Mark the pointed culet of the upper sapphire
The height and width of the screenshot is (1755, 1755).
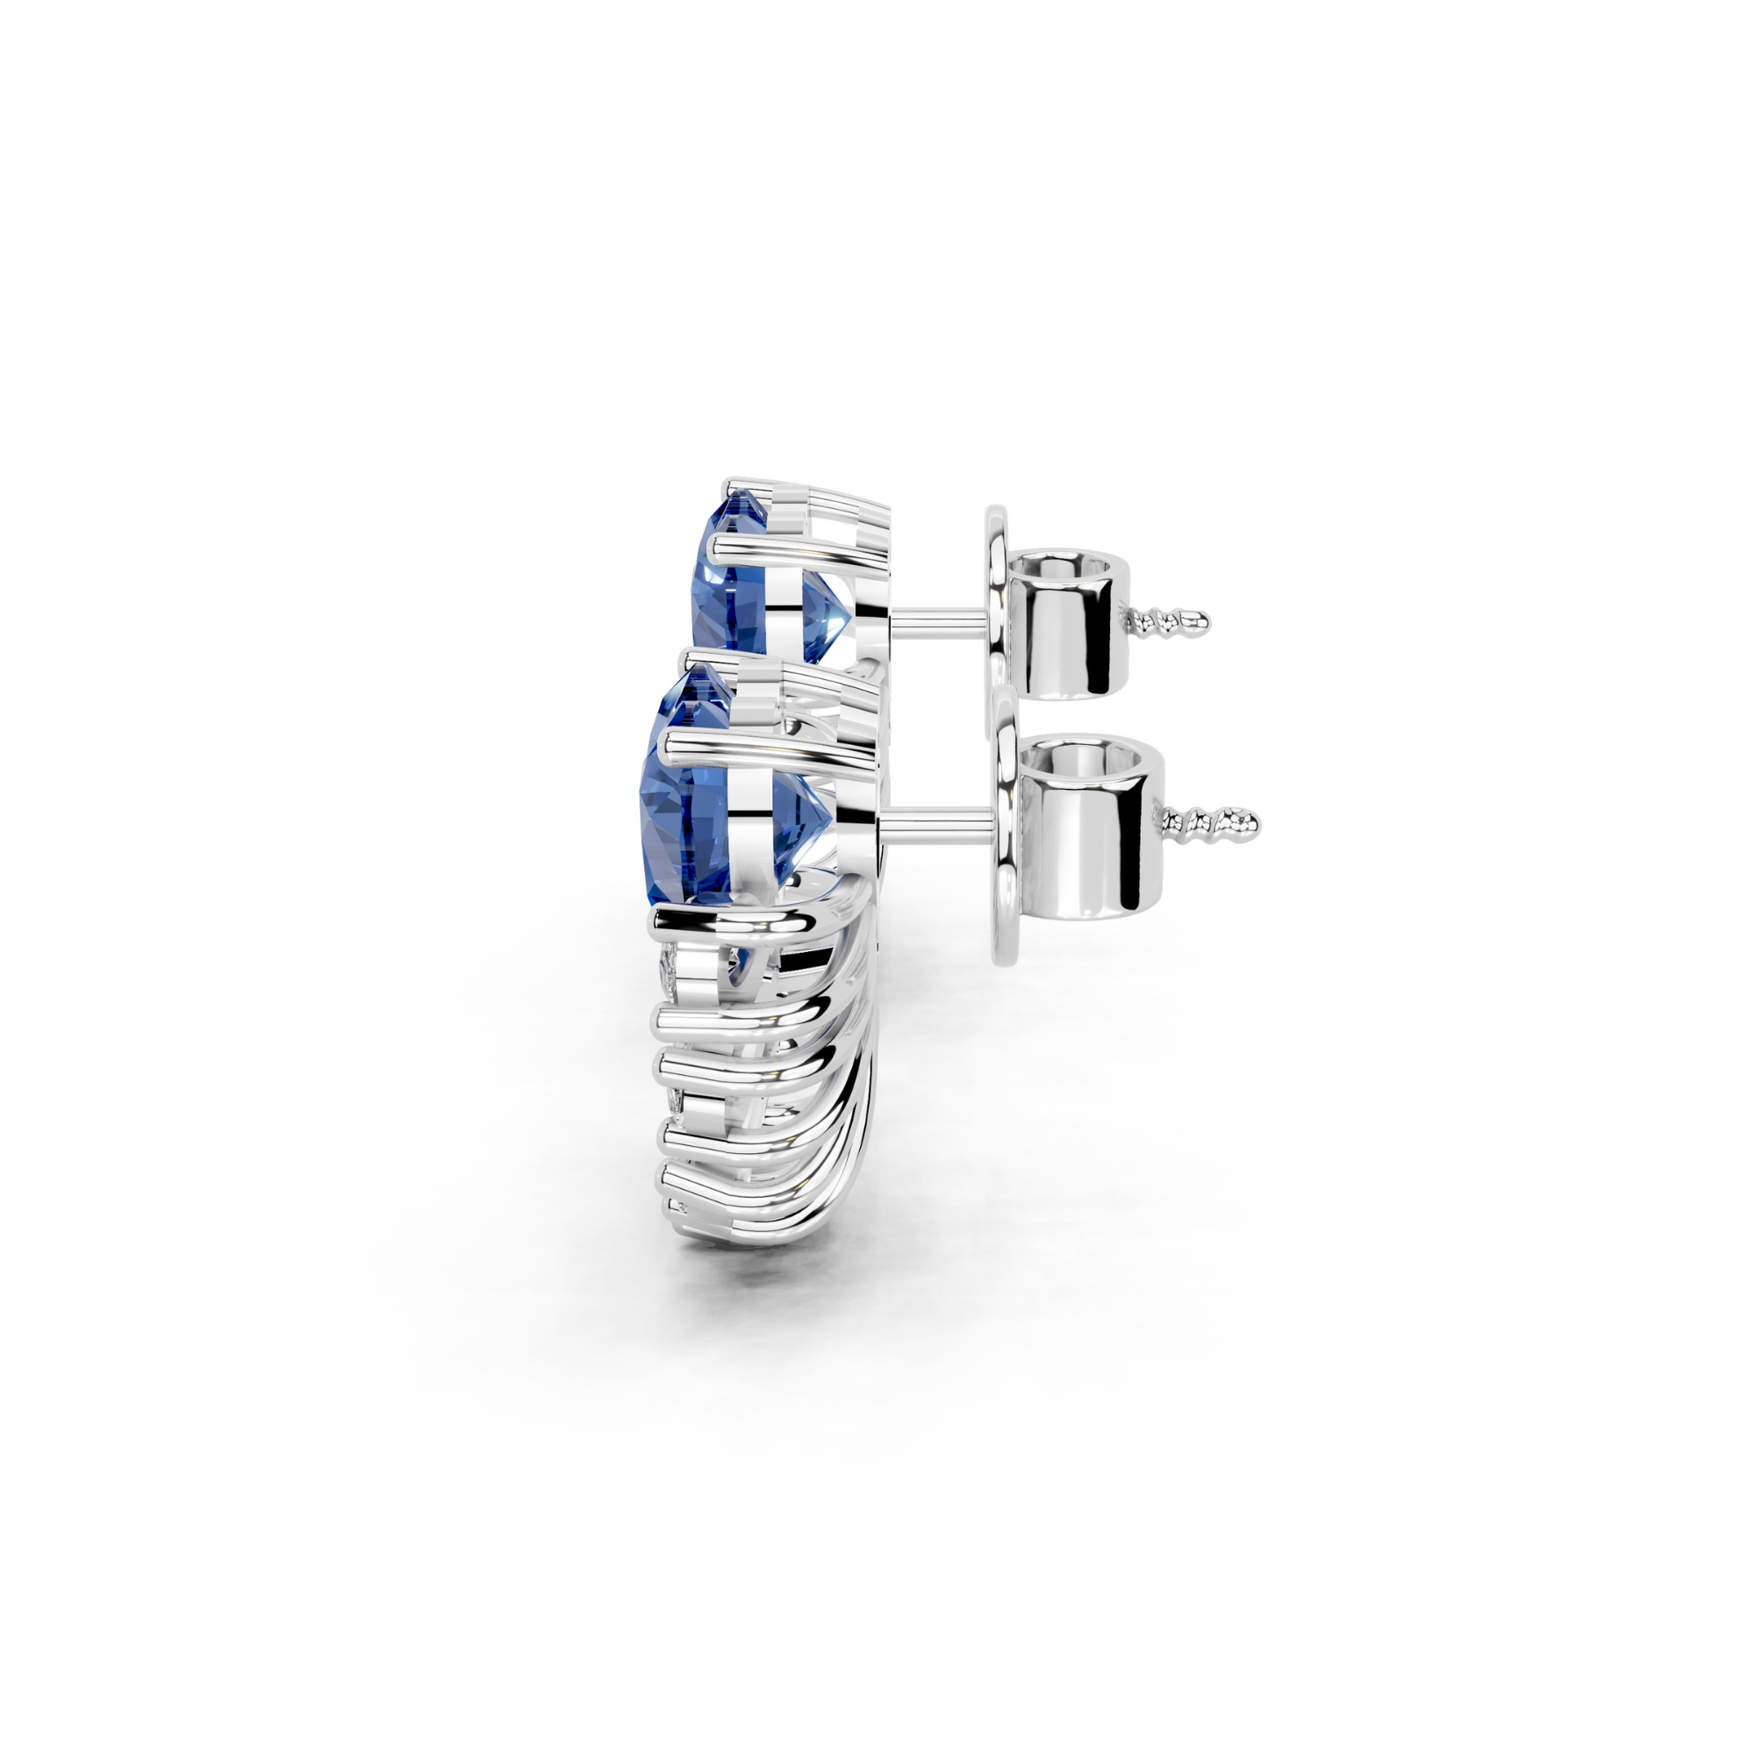(849, 618)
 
